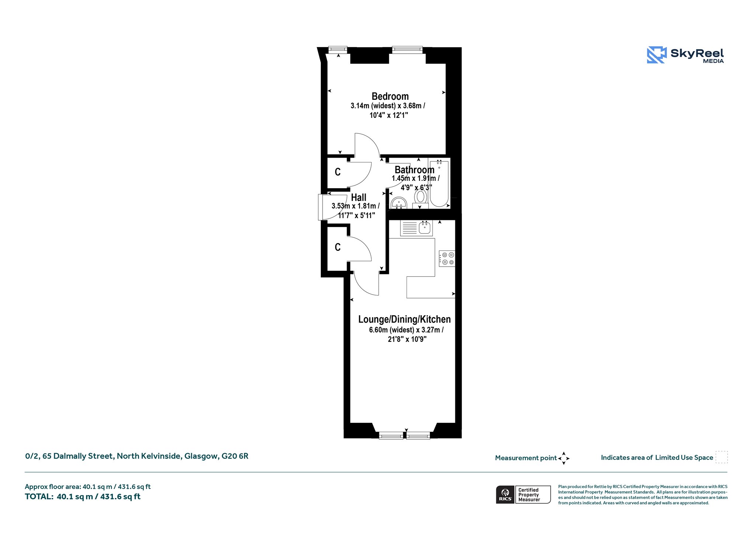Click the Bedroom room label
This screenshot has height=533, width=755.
pos(390,97)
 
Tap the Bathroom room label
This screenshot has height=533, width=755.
pos(414,170)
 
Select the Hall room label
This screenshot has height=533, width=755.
pos(358,197)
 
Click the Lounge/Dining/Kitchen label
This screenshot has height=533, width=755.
pos(404,319)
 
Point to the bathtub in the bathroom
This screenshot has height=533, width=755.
pos(439,183)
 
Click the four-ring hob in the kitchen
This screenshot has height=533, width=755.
pos(447,258)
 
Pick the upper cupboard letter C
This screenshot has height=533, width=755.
pos(338,172)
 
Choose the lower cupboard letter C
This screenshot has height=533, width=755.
pos(338,247)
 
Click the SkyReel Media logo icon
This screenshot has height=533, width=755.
pos(657,55)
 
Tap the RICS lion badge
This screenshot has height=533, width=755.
pos(505,494)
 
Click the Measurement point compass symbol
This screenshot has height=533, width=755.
pos(564,458)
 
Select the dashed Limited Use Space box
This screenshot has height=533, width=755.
pos(721,457)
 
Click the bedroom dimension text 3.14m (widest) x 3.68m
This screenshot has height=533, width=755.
pos(388,106)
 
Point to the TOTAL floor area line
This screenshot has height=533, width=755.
pos(83,497)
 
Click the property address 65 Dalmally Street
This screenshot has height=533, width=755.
pos(136,456)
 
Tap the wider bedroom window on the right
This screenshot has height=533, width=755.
pos(407,50)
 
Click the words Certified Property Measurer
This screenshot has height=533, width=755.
pos(529,495)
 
